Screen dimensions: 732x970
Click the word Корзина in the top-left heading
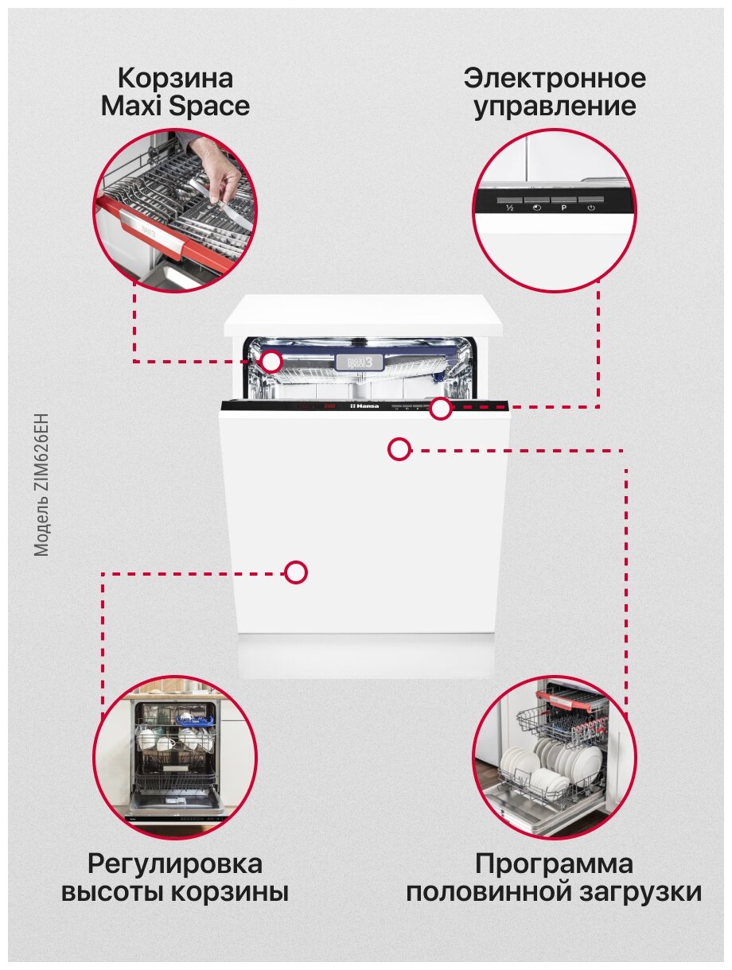[x=175, y=79]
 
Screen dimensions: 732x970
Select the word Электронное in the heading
[x=555, y=79]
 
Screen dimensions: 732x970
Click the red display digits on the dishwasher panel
[x=329, y=406]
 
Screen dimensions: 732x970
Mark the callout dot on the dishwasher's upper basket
[x=272, y=362]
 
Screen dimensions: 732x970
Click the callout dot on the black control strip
[x=441, y=409]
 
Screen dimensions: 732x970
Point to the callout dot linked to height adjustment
[x=296, y=572]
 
